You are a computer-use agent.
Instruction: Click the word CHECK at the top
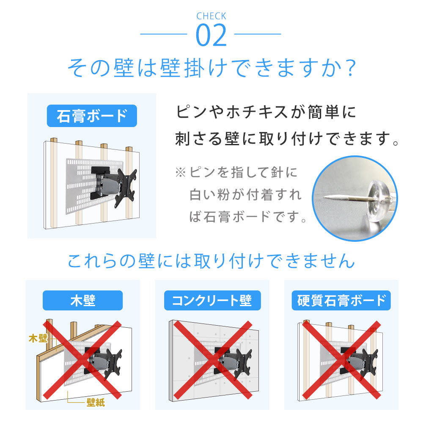coord(211,17)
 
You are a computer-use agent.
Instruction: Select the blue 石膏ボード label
coord(92,116)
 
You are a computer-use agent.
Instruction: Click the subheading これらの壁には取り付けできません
coord(211,261)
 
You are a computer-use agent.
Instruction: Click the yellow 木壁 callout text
coord(38,338)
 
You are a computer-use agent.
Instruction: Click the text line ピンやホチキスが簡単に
coord(266,113)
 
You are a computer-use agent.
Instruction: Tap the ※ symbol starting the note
coord(180,173)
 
